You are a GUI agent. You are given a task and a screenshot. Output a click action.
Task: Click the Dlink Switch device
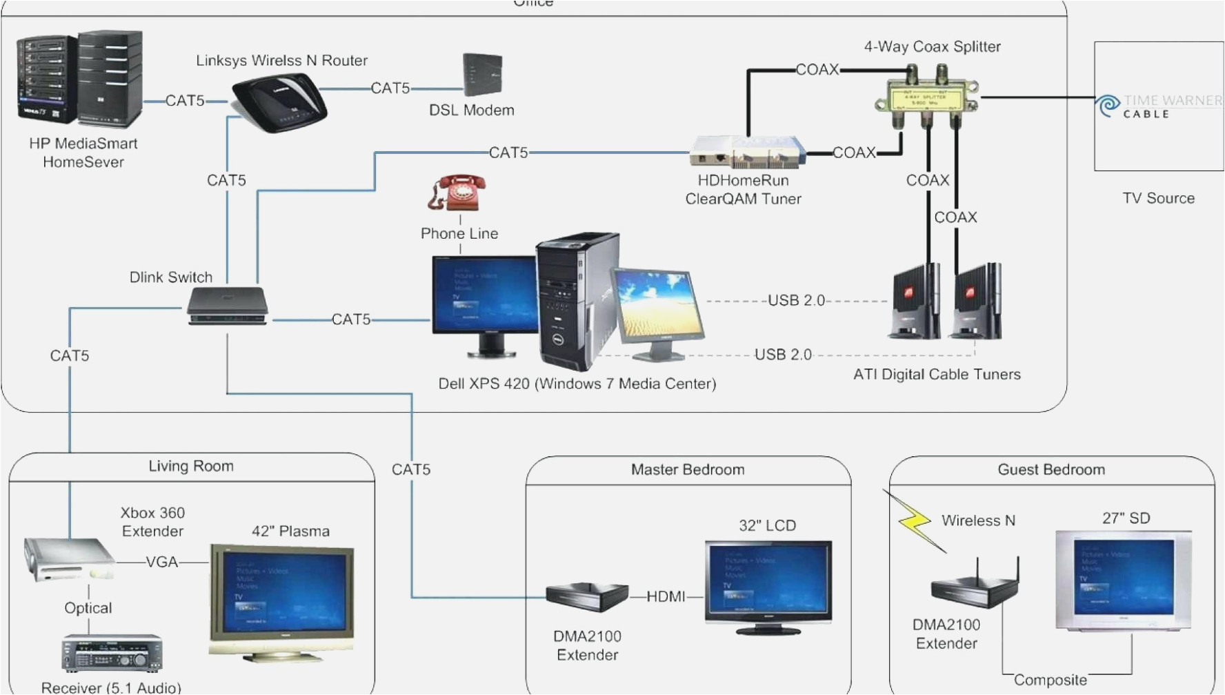point(228,306)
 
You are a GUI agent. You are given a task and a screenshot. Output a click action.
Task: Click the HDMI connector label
point(666,596)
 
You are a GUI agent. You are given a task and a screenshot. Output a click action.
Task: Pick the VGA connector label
point(162,562)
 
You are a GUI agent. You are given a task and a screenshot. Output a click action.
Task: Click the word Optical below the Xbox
point(88,608)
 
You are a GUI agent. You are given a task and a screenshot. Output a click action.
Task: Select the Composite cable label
point(1050,680)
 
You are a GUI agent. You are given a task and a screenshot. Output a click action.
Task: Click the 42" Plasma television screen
point(282,594)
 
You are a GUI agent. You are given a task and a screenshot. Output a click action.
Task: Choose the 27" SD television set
point(1124,578)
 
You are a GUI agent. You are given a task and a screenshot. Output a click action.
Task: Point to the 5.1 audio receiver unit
point(112,653)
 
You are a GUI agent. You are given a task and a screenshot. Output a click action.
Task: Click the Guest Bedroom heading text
point(1051,470)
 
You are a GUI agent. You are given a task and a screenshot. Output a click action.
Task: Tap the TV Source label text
point(1158,198)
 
